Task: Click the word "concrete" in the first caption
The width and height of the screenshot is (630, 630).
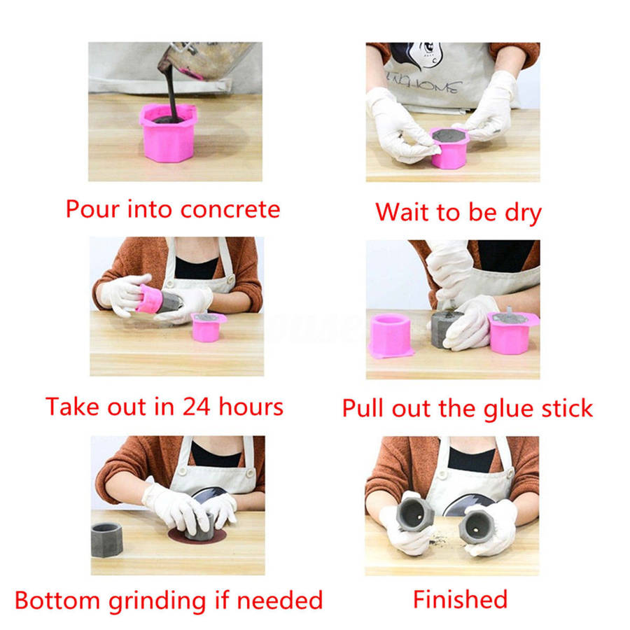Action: (230, 210)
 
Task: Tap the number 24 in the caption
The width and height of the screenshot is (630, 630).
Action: (197, 406)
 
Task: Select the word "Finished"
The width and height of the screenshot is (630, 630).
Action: (460, 599)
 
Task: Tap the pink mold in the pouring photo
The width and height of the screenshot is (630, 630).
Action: (168, 132)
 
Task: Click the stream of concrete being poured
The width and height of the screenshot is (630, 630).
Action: (171, 90)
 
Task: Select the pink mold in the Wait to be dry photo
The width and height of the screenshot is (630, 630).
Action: (449, 148)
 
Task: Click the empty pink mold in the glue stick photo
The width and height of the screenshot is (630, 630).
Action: (390, 336)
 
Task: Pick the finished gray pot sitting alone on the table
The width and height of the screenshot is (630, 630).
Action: (106, 540)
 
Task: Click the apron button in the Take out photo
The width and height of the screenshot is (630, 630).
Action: (230, 279)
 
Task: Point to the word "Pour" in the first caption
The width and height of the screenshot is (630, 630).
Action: (92, 209)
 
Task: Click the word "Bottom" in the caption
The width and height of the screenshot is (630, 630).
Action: (57, 601)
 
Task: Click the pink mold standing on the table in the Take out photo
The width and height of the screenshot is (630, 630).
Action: (208, 327)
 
